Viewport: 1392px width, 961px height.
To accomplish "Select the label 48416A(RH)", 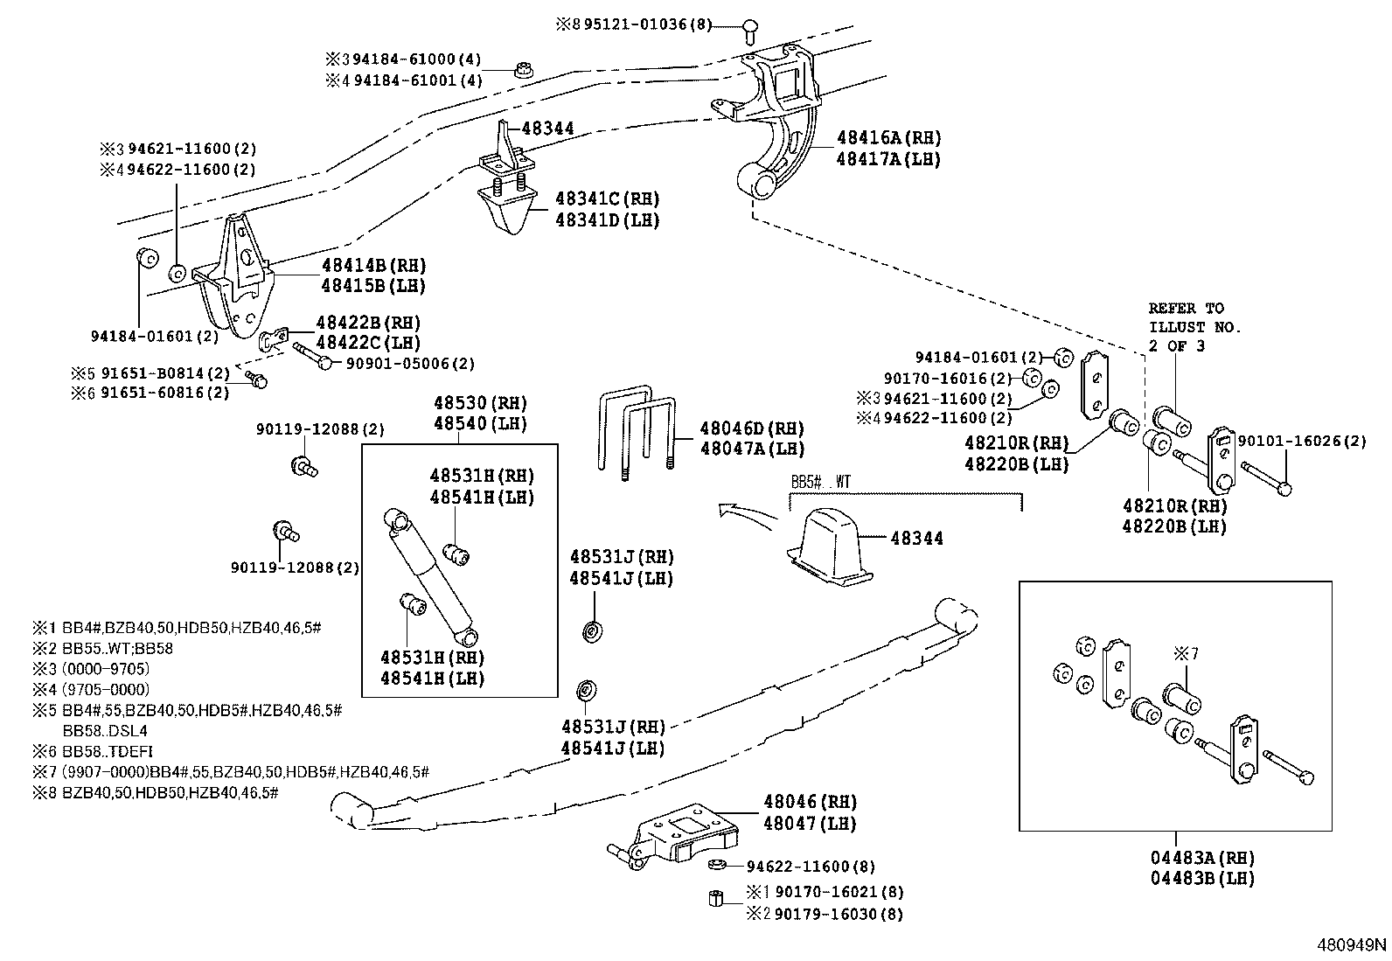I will tap(888, 137).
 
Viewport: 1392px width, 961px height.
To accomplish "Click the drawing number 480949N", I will tap(1352, 944).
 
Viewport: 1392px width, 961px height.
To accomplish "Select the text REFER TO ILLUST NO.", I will tap(1194, 317).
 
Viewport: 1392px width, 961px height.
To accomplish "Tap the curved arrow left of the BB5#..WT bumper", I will tap(743, 514).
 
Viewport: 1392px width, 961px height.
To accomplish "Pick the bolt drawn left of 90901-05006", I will tap(312, 357).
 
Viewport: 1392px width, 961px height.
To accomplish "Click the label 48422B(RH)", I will tap(367, 322).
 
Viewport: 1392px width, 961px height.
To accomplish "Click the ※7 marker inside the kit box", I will tap(1185, 652).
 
